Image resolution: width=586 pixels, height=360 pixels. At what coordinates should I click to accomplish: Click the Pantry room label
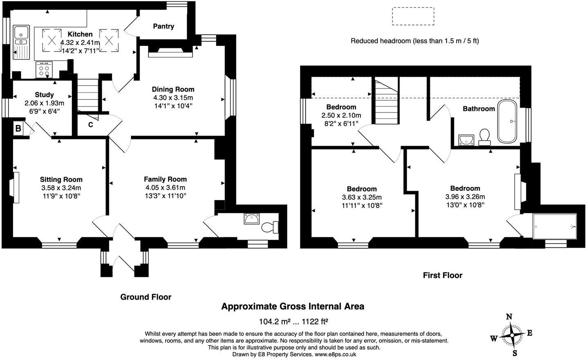click(163, 26)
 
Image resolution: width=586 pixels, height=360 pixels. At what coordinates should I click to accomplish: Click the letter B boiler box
click(18, 129)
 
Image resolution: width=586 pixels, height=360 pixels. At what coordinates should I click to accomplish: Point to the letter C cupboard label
click(90, 125)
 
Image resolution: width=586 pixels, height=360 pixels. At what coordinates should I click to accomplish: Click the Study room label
click(44, 95)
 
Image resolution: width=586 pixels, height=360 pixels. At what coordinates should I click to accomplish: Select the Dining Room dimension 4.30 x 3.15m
click(173, 98)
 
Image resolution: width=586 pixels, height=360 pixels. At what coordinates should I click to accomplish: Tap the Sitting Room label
click(61, 180)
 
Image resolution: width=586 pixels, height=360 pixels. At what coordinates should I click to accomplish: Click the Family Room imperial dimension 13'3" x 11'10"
click(165, 196)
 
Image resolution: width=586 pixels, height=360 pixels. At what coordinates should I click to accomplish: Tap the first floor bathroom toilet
click(485, 136)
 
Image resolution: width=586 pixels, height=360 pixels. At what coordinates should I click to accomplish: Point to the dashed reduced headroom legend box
click(413, 16)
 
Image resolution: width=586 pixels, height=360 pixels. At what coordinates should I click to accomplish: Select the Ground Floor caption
click(146, 297)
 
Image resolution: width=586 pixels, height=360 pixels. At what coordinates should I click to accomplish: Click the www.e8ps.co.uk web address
click(335, 354)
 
